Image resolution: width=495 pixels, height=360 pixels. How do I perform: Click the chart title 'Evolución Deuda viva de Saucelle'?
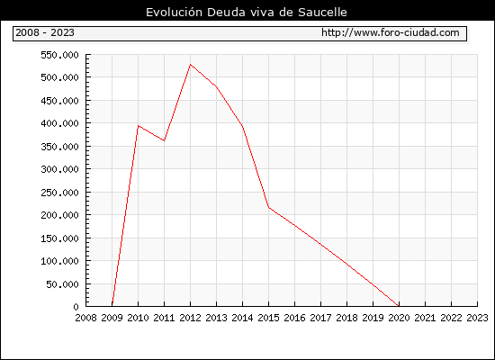(x=247, y=13)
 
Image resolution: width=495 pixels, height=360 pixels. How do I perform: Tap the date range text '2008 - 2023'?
(x=45, y=32)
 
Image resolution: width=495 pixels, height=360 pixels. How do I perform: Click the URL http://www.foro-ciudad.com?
(x=391, y=32)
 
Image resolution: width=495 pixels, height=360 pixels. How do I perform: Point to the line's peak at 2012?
(x=191, y=65)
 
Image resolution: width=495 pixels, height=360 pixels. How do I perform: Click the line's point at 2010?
(x=139, y=126)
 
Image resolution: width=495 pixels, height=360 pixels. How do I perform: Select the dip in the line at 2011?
(x=164, y=140)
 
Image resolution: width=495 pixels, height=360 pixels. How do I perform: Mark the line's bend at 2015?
(x=269, y=207)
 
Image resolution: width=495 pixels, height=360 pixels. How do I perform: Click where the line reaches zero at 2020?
(x=399, y=306)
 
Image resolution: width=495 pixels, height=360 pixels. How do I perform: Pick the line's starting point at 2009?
(x=112, y=305)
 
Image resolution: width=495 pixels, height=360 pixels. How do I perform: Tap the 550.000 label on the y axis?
(x=59, y=55)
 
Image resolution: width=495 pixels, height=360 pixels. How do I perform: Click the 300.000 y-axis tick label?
(x=59, y=169)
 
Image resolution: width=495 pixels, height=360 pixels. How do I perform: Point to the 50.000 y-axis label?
(x=62, y=284)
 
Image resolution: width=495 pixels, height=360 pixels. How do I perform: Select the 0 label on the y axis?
(x=76, y=307)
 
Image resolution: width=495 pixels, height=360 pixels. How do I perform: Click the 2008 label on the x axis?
(x=85, y=318)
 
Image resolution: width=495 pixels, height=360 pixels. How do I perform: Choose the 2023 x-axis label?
(x=477, y=318)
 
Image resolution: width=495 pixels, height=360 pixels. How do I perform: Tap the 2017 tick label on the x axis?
(x=320, y=318)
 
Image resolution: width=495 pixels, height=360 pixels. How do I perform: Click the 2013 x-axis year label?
(x=216, y=318)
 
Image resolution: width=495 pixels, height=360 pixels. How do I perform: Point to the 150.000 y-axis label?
(x=59, y=238)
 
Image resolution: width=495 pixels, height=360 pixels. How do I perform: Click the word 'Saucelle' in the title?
(x=322, y=13)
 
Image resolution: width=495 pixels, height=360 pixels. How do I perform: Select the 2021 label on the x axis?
(x=425, y=318)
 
